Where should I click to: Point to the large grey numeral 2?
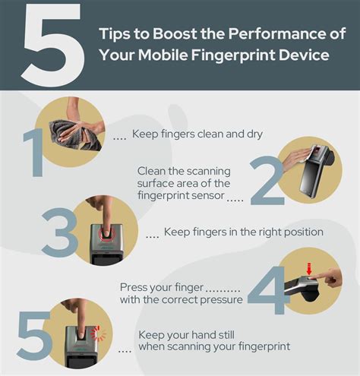pyautogui.click(x=268, y=179)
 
